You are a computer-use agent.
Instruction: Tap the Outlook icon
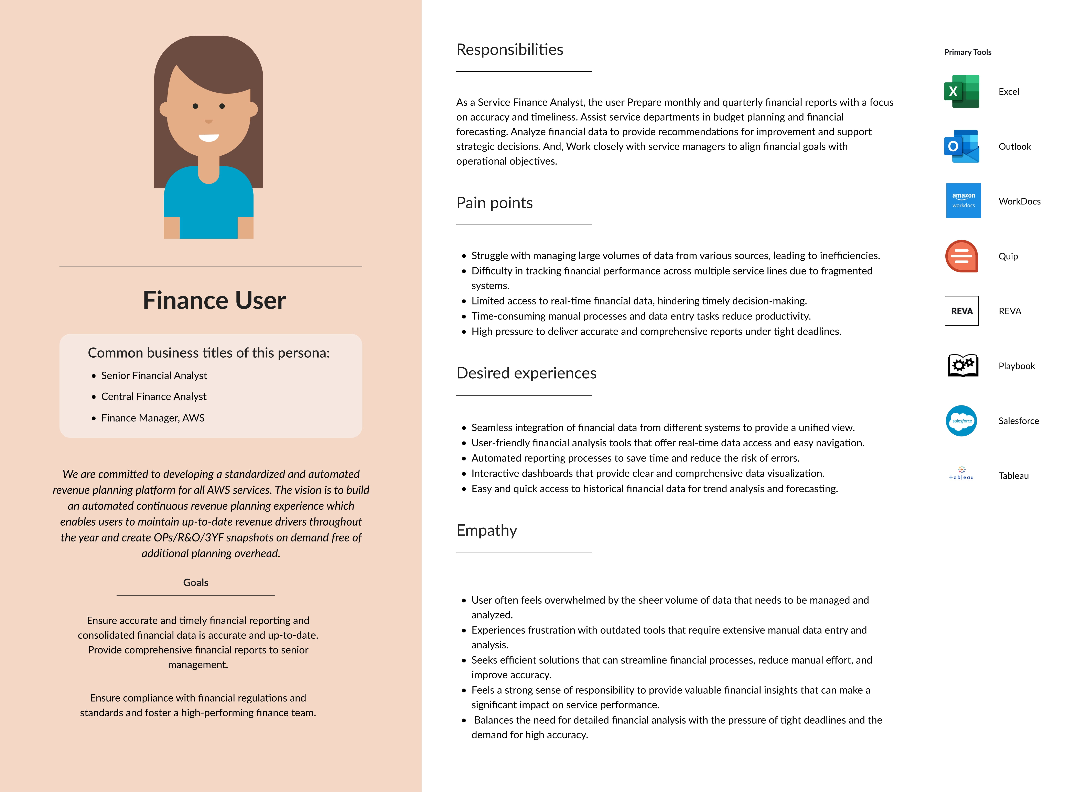pyautogui.click(x=961, y=146)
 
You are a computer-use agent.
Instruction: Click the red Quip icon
pyautogui.click(x=961, y=256)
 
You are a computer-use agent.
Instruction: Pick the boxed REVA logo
pyautogui.click(x=961, y=311)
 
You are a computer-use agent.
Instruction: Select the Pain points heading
pyautogui.click(x=494, y=203)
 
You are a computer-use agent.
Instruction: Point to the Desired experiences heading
pyautogui.click(x=526, y=373)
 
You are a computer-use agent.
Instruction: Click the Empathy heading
pyautogui.click(x=486, y=530)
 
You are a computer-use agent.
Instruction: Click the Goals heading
pyautogui.click(x=196, y=582)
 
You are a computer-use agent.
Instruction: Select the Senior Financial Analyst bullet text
pyautogui.click(x=154, y=375)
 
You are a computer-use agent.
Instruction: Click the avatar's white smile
pyautogui.click(x=209, y=138)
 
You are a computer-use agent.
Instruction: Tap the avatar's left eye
pyautogui.click(x=195, y=106)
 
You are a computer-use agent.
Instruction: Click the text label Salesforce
pyautogui.click(x=1018, y=421)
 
